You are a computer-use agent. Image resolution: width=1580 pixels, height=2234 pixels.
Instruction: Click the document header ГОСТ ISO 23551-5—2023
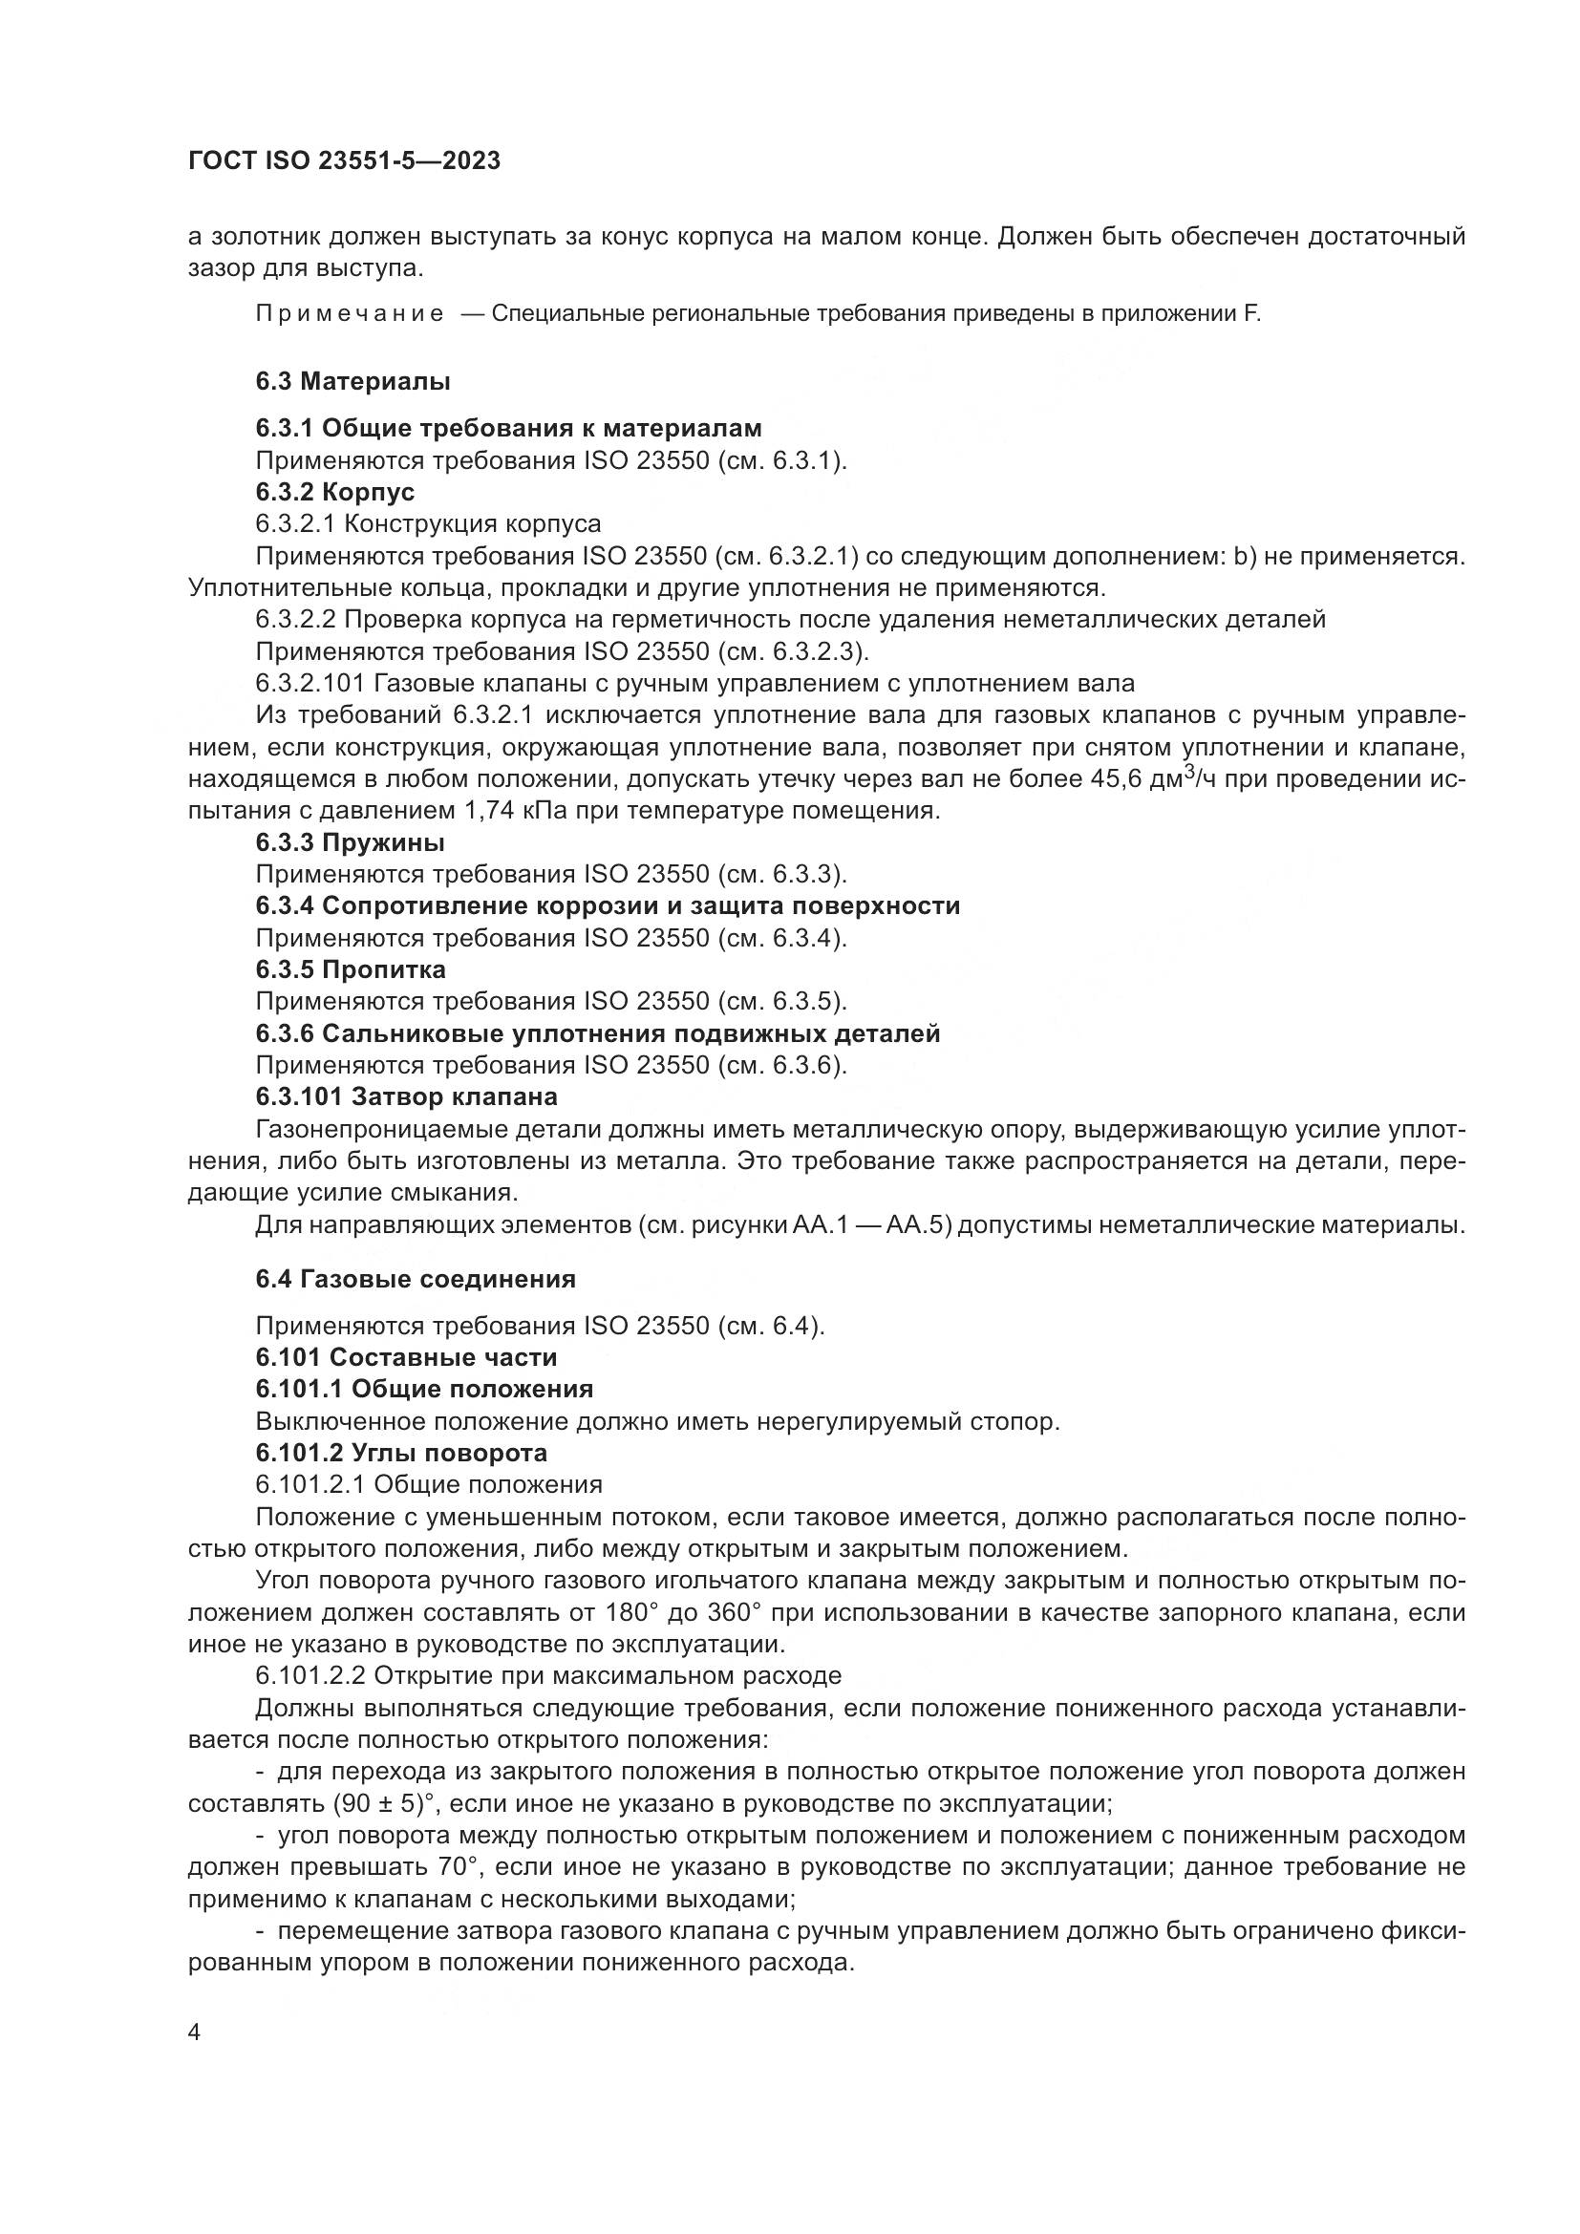344,161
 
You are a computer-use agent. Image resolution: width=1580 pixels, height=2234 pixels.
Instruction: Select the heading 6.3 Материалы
352,381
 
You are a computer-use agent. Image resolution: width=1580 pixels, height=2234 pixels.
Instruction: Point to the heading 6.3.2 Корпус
334,492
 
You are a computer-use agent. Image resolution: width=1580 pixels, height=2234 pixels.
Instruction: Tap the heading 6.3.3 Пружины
350,842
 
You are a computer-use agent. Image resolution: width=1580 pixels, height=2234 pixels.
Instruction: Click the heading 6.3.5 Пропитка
351,970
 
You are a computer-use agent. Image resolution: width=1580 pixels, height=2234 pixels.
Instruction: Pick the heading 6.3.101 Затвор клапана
406,1097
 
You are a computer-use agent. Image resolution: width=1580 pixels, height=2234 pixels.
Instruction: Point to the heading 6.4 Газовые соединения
416,1280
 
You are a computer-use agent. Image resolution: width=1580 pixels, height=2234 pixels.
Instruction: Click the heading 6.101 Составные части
406,1357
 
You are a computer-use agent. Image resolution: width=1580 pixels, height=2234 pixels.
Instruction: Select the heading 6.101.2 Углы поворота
401,1453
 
